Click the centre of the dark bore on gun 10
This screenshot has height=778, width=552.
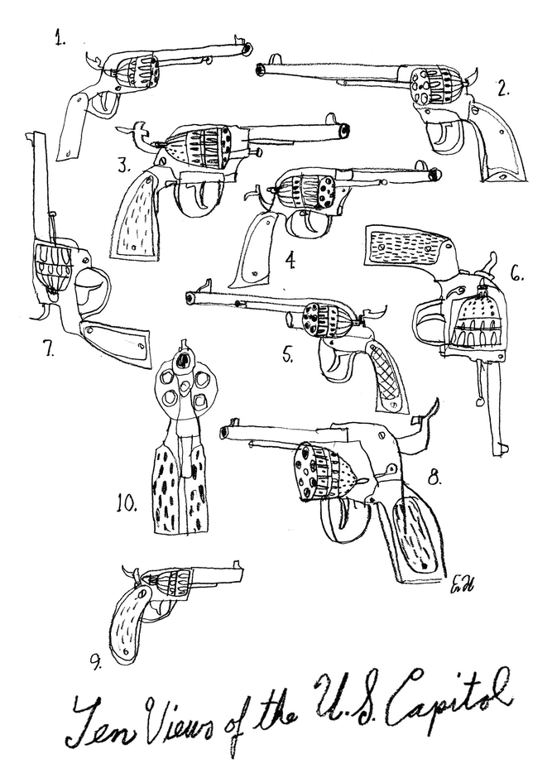point(184,358)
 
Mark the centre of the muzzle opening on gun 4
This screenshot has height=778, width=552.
point(436,174)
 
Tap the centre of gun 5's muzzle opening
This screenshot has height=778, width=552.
point(189,296)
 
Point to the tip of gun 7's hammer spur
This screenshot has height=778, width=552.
point(39,318)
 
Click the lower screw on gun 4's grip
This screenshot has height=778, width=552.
point(255,273)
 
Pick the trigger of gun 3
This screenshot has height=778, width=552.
point(204,195)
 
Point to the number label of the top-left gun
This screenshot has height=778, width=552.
point(60,38)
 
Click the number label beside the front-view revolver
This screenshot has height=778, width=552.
point(127,504)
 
